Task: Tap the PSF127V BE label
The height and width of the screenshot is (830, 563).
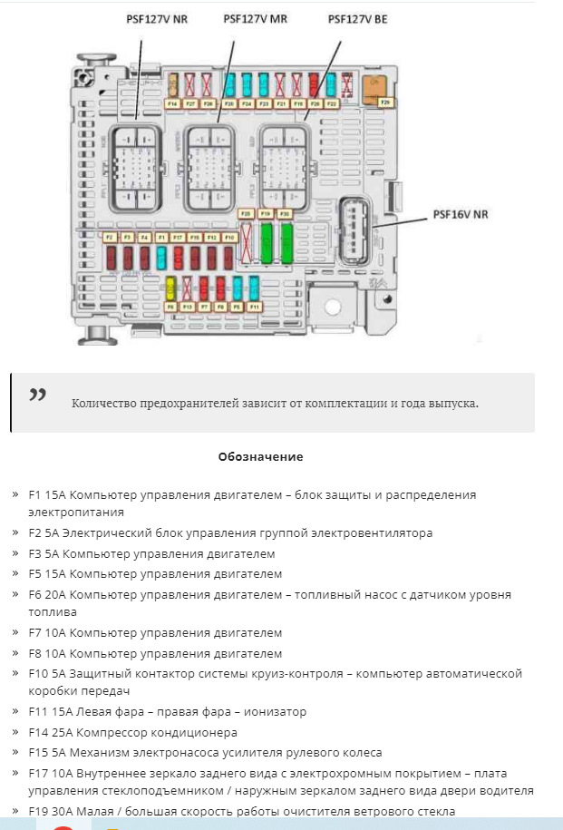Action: [x=357, y=18]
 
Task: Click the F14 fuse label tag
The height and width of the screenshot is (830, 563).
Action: [x=172, y=104]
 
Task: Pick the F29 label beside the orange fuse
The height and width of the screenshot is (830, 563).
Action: [x=384, y=103]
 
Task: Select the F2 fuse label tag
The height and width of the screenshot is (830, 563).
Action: [x=110, y=237]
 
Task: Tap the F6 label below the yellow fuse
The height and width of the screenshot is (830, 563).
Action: [x=170, y=308]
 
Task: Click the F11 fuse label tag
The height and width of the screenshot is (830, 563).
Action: [x=255, y=308]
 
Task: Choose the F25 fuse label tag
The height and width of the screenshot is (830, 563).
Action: [x=246, y=213]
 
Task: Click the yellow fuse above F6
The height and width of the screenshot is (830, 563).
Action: [x=170, y=288]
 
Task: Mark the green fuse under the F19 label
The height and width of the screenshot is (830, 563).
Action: [x=267, y=242]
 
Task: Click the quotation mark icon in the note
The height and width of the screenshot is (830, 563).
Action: [x=37, y=395]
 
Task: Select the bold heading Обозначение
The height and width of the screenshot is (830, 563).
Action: [x=260, y=456]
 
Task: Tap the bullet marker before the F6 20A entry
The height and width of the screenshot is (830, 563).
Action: [x=15, y=594]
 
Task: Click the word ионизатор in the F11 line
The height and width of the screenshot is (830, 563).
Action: [x=276, y=712]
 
